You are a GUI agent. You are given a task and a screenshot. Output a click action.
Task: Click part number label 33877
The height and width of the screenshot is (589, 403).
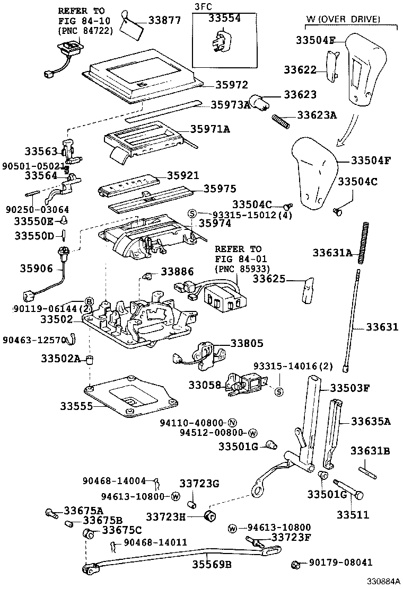(164, 21)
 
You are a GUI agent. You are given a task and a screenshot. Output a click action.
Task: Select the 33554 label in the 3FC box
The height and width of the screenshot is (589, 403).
(224, 18)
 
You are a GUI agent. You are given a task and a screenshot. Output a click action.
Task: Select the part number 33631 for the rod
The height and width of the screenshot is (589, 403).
(382, 327)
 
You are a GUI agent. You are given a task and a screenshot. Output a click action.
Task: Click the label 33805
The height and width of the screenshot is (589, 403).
(247, 343)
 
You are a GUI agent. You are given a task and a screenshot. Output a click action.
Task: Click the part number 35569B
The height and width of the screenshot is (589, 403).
(212, 565)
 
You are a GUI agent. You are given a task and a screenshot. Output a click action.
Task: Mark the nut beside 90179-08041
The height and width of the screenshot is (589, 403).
(297, 565)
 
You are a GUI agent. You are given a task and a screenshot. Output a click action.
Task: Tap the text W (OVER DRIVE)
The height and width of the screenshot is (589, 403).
(344, 19)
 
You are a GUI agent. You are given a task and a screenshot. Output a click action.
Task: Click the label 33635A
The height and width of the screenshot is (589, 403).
(371, 422)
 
